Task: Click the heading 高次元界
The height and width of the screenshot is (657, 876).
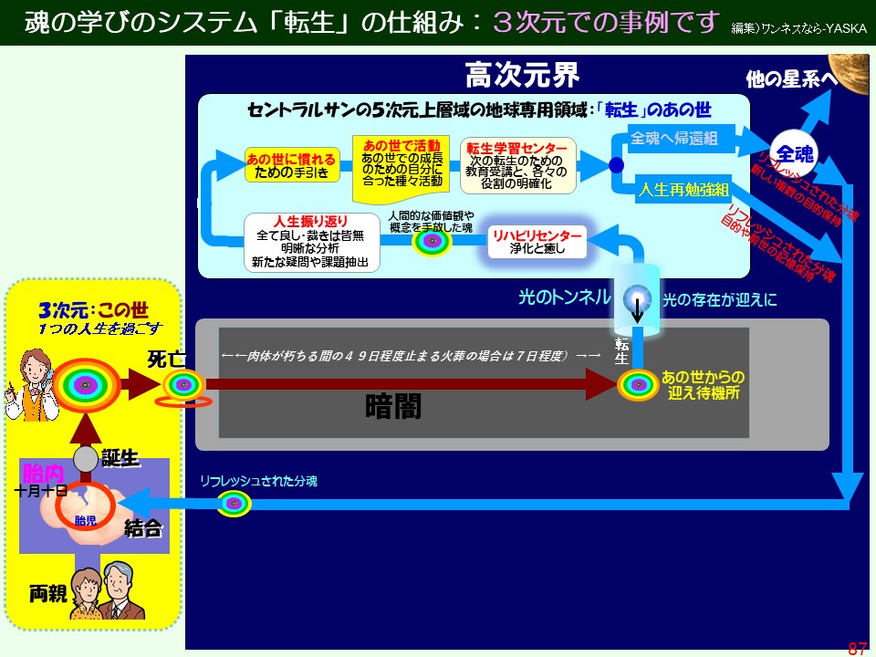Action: tap(521, 74)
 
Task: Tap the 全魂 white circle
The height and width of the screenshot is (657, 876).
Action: tap(793, 152)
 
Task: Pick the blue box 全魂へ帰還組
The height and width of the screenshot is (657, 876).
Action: tap(674, 139)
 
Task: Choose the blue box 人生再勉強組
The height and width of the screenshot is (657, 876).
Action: tap(683, 190)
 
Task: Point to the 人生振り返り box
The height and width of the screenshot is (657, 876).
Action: tap(311, 243)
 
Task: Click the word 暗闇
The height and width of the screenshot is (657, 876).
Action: tap(393, 405)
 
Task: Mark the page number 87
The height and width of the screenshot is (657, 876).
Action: tap(857, 649)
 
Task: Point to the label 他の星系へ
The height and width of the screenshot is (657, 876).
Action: tap(791, 80)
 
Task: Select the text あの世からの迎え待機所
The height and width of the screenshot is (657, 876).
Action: tap(703, 383)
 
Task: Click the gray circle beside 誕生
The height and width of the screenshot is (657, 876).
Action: tap(85, 458)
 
